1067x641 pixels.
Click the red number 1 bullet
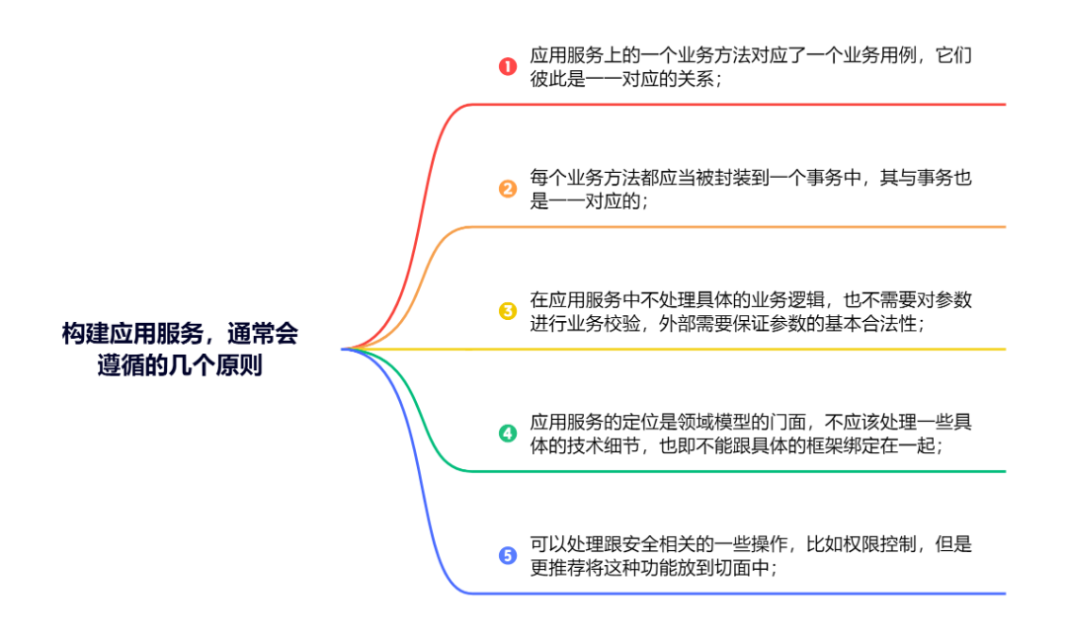click(508, 67)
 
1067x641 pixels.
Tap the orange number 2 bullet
click(508, 189)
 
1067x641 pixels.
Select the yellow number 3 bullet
click(508, 311)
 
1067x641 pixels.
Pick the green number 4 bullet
click(508, 433)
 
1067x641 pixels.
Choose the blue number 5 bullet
click(508, 555)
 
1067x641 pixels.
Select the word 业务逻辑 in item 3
click(766, 299)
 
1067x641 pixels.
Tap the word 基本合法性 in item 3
click(869, 324)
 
